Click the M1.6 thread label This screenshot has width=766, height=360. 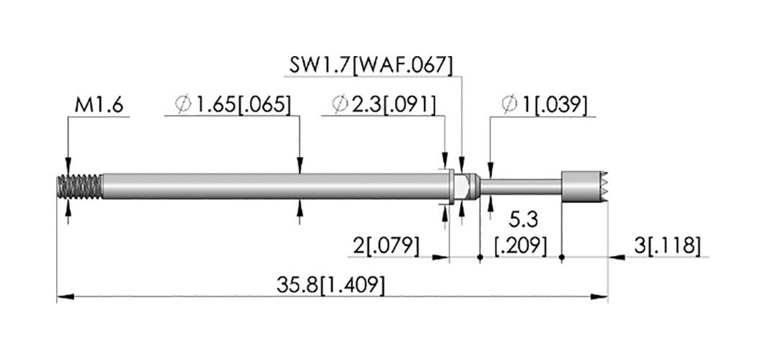click(x=99, y=106)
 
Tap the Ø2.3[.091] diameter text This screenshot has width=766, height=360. click(x=383, y=105)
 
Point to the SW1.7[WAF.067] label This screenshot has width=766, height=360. click(x=371, y=65)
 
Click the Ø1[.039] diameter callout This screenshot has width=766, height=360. click(x=545, y=105)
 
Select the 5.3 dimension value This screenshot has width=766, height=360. click(x=524, y=221)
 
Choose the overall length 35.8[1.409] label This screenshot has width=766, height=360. click(x=330, y=285)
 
